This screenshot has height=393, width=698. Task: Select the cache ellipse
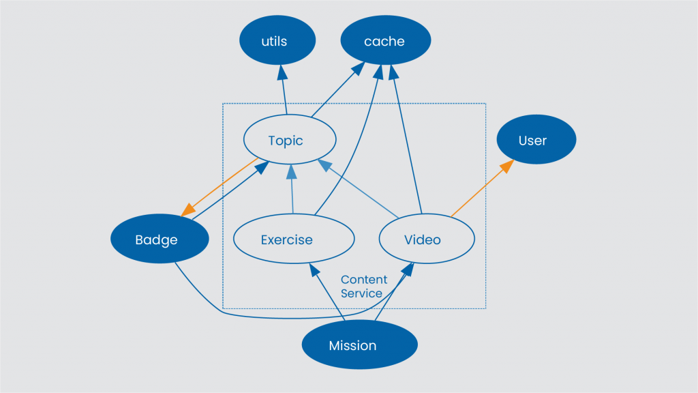tap(385, 41)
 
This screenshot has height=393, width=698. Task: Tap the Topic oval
tap(290, 141)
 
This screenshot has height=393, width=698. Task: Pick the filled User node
tap(536, 141)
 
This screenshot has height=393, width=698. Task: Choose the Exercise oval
tap(294, 239)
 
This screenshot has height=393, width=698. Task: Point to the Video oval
tap(426, 239)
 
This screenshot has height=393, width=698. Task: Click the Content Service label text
tap(363, 287)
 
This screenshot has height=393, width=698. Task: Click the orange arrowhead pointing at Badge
tap(187, 209)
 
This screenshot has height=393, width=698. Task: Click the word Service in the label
tap(361, 293)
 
